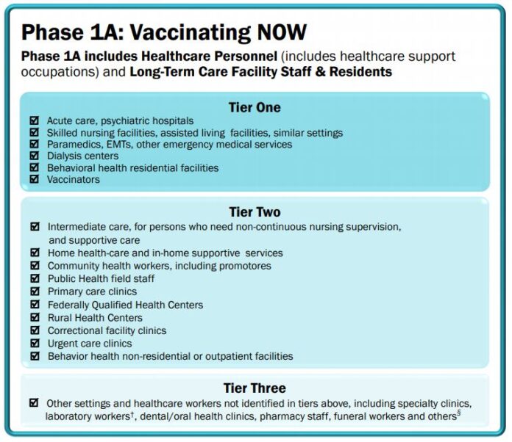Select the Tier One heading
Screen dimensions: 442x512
pos(255,107)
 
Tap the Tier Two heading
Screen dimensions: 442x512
pos(255,212)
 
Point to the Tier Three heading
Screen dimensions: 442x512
pos(255,388)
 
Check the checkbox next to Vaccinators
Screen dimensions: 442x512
pos(34,179)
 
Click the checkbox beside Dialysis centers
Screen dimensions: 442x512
pos(34,156)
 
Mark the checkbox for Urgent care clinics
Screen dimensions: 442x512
pos(35,344)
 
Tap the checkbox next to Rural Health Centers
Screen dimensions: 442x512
pos(35,318)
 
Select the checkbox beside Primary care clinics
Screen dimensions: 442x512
pos(35,291)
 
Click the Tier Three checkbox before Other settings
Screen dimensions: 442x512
pos(34,403)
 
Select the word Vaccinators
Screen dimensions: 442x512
pos(74,179)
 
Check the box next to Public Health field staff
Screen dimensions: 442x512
pos(35,279)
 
